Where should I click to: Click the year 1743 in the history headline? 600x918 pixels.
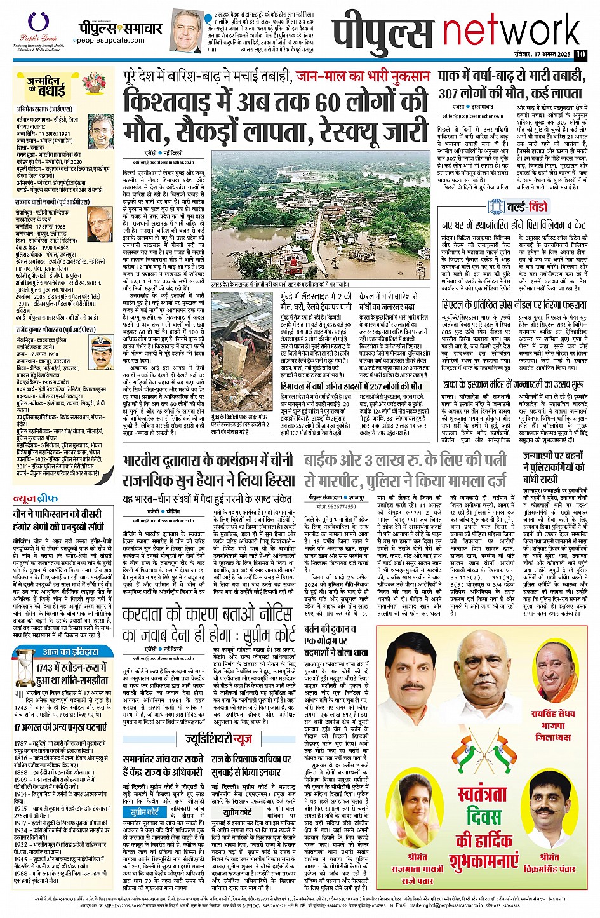(x=48, y=668)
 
